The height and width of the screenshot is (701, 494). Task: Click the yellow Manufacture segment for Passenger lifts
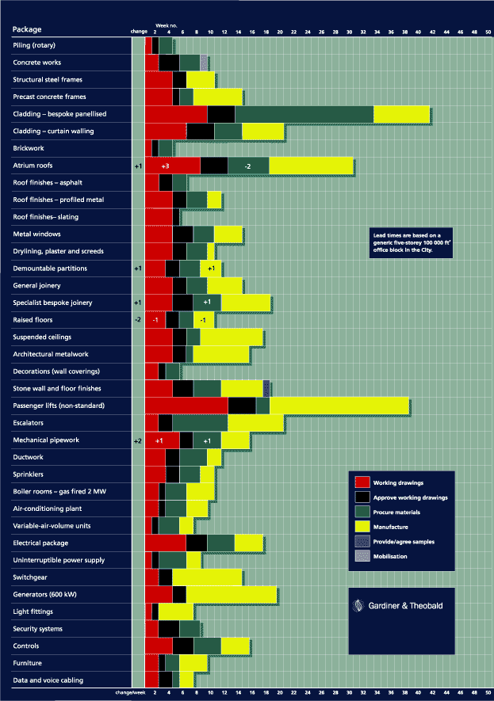(x=339, y=406)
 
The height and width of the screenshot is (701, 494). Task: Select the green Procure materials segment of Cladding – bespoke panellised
(x=304, y=114)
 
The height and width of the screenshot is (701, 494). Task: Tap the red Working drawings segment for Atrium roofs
(x=172, y=166)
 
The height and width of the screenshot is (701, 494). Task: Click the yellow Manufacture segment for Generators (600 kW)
(x=231, y=594)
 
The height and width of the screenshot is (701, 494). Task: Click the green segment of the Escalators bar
(x=200, y=423)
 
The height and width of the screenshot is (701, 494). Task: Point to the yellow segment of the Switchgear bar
(x=207, y=577)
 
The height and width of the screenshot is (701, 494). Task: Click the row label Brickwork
(x=29, y=148)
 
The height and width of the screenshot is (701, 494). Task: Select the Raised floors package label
(x=33, y=320)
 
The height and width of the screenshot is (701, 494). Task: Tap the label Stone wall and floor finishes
(x=57, y=389)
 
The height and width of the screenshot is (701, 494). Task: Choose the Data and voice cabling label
(x=48, y=680)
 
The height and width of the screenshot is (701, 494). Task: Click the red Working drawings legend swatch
(x=362, y=482)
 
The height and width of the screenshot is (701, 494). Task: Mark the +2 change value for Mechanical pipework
(x=137, y=440)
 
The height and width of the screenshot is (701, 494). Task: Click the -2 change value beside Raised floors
(x=137, y=320)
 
